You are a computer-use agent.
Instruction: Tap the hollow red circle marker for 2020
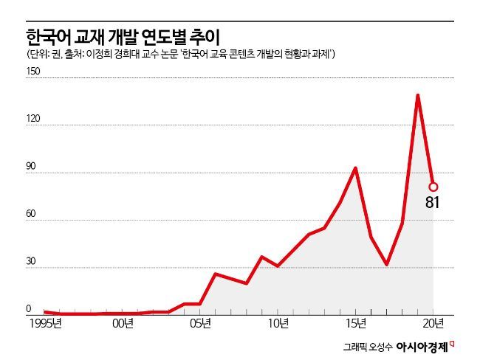(433, 187)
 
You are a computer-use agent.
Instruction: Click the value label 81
(433, 201)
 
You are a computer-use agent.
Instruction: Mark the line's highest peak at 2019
(418, 95)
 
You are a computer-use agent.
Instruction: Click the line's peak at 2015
(356, 168)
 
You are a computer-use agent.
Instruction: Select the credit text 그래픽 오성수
(367, 346)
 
